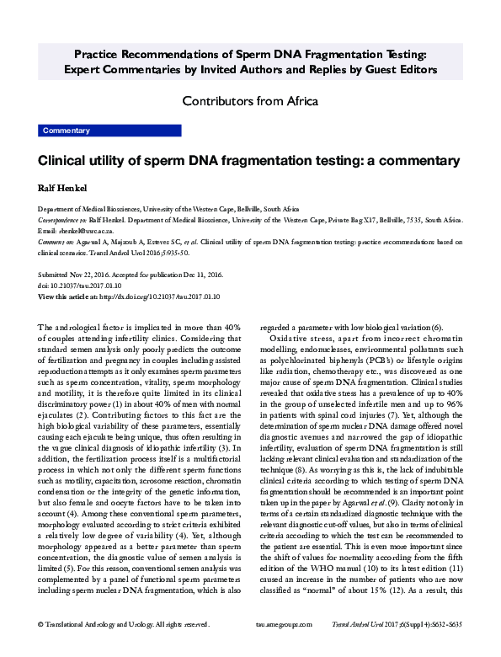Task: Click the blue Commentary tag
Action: pyautogui.click(x=66, y=131)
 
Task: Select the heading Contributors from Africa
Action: pyautogui.click(x=250, y=102)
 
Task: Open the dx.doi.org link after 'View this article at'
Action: pyautogui.click(x=159, y=296)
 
